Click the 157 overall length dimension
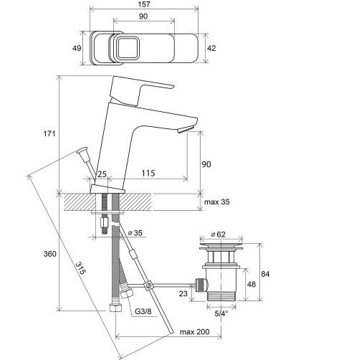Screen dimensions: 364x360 (x=144, y=4)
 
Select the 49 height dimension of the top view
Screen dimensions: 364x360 (x=77, y=48)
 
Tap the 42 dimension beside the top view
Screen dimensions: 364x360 (x=211, y=48)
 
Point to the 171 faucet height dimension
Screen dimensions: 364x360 (x=49, y=133)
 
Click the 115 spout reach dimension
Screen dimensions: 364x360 (x=148, y=173)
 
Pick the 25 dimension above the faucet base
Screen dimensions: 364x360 (x=102, y=174)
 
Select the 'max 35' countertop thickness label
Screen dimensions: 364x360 (x=216, y=202)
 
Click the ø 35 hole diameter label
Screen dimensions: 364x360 (x=135, y=233)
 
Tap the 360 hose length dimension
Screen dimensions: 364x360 (x=50, y=254)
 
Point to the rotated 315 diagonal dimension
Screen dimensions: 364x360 (x=80, y=268)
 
